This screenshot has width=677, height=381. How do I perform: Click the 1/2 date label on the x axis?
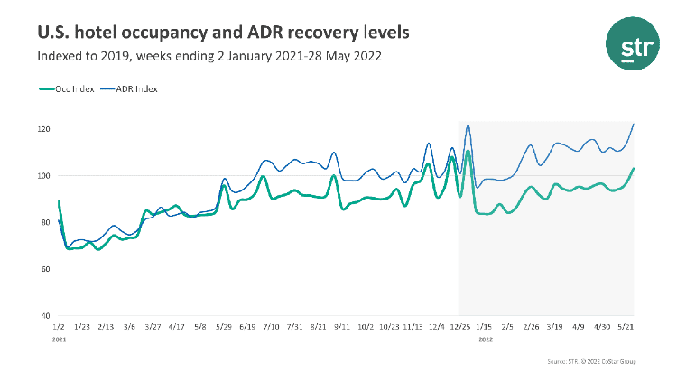pos(59,327)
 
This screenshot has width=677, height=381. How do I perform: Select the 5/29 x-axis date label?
pos(223,327)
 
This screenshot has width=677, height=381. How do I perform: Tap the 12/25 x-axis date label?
pos(459,327)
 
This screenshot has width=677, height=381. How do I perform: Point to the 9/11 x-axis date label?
pos(342,327)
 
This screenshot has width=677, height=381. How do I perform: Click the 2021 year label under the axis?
pos(60,339)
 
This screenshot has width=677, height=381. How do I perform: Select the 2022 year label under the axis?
pos(485,339)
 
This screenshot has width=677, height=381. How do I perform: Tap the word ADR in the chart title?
pos(255,33)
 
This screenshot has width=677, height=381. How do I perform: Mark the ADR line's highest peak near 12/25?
pos(468,125)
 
